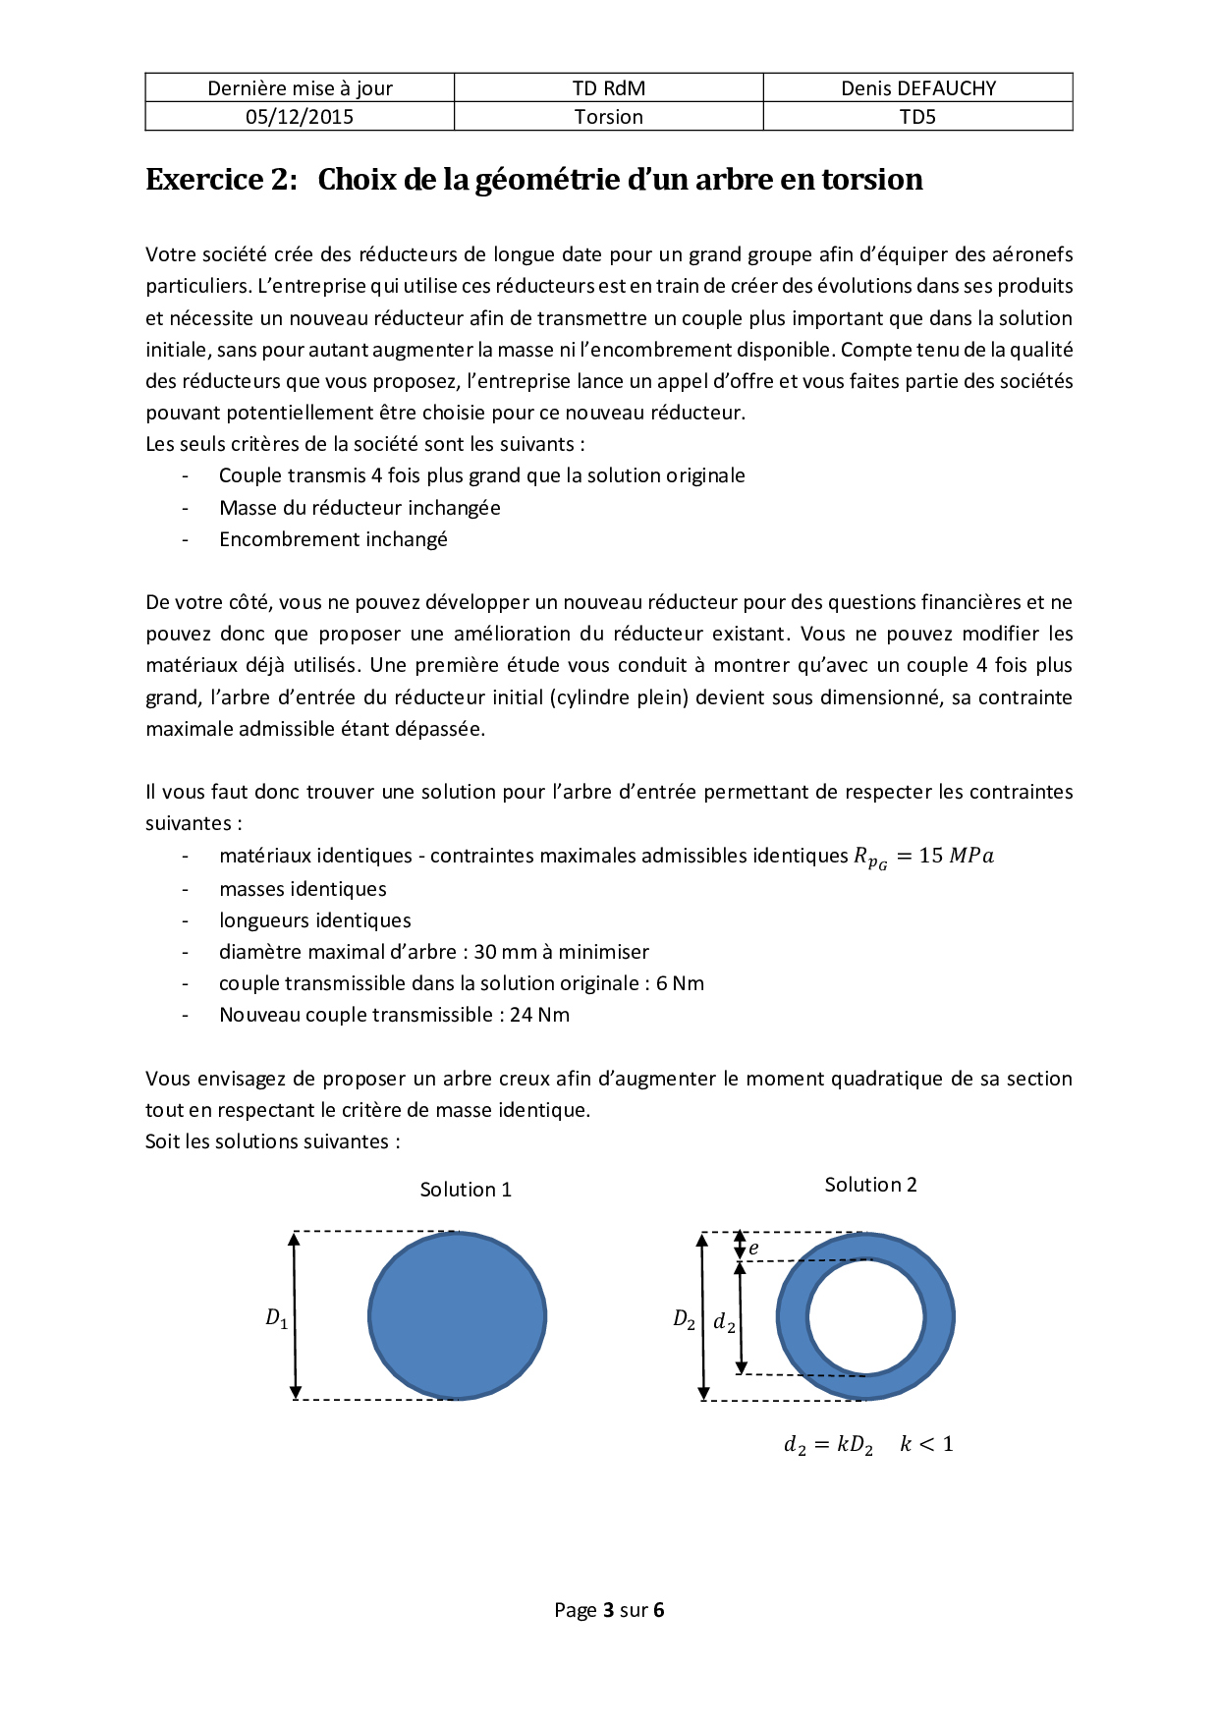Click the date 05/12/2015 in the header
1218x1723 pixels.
300,117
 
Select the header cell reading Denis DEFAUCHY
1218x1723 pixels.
917,88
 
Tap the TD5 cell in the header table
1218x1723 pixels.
917,117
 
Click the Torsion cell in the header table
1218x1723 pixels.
609,117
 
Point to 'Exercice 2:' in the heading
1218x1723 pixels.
221,180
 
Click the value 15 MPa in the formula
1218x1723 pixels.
956,856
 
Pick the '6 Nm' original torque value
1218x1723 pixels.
680,983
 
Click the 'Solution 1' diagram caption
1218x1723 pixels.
466,1190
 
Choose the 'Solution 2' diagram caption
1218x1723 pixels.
870,1185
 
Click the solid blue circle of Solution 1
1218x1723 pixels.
457,1315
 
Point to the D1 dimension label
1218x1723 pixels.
277,1318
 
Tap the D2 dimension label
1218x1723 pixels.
684,1319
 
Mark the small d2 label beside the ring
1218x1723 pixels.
724,1322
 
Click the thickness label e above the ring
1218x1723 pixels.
753,1249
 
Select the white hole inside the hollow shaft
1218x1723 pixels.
865,1316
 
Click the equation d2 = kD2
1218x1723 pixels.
828,1445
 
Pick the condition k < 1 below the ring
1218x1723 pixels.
926,1444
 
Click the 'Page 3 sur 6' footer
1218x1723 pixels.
609,1610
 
